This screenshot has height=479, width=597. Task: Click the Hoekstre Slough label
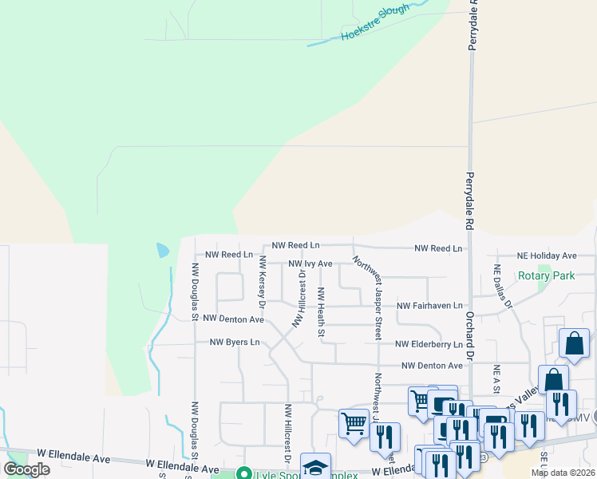[x=375, y=24]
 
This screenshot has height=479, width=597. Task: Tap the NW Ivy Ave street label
[x=310, y=263]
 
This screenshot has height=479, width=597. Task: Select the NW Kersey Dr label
[x=261, y=280]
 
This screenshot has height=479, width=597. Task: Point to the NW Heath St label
[x=321, y=312]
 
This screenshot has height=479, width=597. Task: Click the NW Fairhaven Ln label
[x=429, y=306]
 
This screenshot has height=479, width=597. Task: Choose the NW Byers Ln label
[x=235, y=342]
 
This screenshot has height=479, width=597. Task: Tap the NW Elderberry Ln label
[x=429, y=345]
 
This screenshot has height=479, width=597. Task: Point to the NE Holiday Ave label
[x=547, y=255]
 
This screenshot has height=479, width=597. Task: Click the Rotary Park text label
[x=546, y=276]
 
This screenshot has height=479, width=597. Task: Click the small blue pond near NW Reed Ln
[x=163, y=250]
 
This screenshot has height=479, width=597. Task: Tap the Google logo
[x=26, y=469]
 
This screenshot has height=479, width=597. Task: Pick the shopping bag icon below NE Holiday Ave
[x=574, y=343]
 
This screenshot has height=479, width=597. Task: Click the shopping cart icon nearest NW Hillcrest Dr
[x=353, y=422]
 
